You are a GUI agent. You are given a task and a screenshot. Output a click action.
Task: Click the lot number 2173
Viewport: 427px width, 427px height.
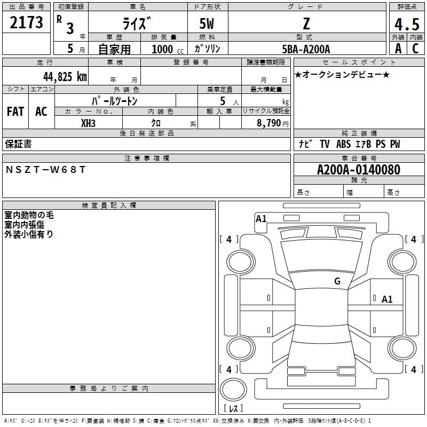click(27, 23)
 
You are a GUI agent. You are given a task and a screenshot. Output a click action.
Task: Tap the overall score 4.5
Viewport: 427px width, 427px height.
click(406, 25)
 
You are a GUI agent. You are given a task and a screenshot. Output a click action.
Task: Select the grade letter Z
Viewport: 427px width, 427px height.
click(306, 24)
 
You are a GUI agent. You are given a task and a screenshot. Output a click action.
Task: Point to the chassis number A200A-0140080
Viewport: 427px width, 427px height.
click(358, 170)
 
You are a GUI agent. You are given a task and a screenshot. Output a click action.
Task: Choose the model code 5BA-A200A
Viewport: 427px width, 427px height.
click(306, 49)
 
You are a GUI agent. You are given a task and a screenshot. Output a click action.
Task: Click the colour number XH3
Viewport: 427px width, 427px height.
click(89, 123)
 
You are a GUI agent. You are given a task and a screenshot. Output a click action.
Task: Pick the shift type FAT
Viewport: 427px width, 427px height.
click(15, 112)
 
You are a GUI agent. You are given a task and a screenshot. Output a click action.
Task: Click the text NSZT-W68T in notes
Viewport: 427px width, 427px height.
click(45, 169)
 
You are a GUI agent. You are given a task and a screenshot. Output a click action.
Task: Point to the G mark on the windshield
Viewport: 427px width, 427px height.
click(337, 281)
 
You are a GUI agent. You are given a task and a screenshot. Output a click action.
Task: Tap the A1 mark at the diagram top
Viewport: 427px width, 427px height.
click(261, 218)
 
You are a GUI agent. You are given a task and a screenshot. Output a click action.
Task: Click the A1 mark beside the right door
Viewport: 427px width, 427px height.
click(387, 299)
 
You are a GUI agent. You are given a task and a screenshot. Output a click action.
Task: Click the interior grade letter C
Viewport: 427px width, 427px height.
click(415, 49)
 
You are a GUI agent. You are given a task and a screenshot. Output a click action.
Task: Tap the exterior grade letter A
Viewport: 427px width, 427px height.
click(398, 49)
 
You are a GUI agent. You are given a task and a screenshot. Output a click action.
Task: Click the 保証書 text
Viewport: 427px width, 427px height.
click(18, 144)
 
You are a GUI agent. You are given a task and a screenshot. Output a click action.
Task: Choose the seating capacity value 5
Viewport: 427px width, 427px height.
click(223, 101)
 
